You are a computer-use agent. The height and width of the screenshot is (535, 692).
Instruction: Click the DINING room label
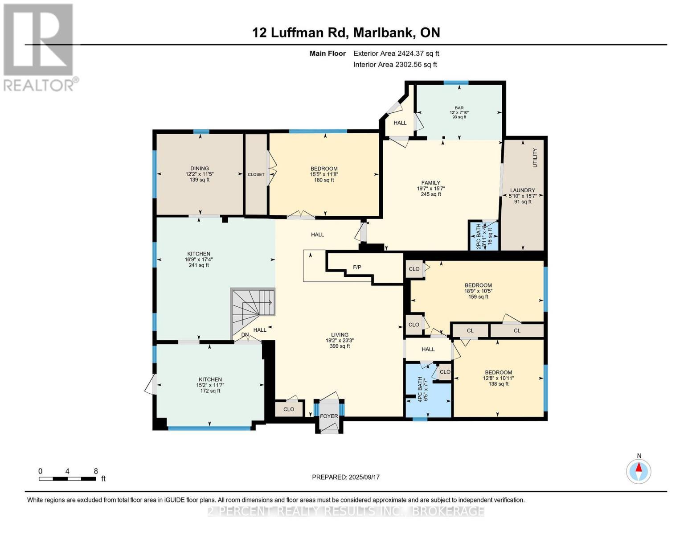[x=197, y=169]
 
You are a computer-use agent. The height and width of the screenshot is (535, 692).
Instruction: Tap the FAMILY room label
[x=430, y=183]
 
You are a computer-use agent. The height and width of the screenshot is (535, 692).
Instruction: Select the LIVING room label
[x=340, y=335]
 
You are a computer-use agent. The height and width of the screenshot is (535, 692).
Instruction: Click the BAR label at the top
[x=459, y=108]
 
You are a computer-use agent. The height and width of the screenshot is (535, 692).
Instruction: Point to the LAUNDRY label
[x=522, y=190]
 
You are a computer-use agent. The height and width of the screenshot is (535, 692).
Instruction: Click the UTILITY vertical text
[x=535, y=158]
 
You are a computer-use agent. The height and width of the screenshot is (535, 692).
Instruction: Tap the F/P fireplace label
[x=357, y=267]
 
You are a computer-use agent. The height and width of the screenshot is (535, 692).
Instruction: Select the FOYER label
[x=329, y=416]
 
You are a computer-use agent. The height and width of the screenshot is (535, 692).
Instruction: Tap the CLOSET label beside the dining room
[x=256, y=175]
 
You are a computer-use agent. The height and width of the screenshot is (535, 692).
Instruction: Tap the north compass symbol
[x=639, y=471]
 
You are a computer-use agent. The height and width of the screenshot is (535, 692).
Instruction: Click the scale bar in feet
[x=67, y=478]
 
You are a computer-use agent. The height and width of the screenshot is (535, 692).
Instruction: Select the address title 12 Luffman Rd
[x=346, y=33]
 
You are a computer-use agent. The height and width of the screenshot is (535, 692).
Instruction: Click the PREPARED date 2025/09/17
[x=345, y=477]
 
